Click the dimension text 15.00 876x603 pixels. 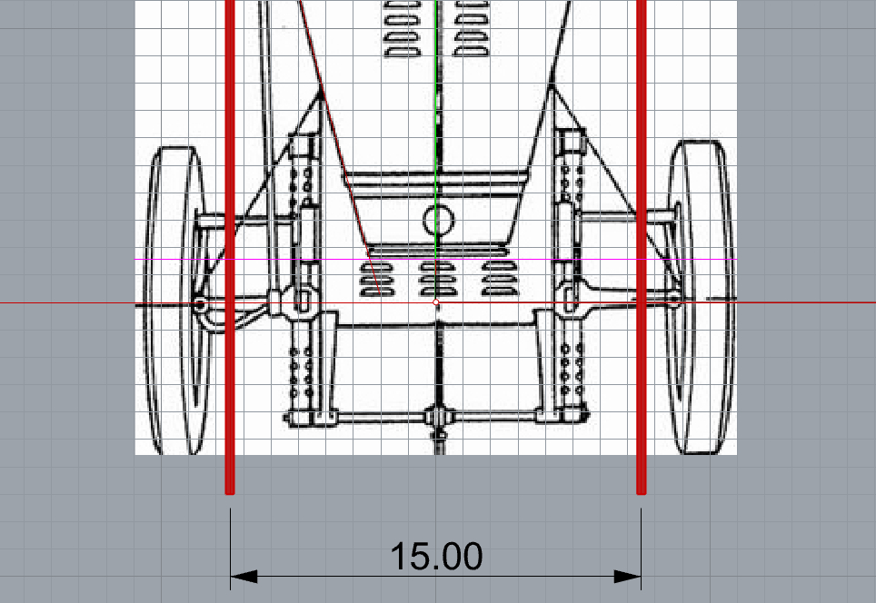pos(436,556)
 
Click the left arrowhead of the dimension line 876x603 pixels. pos(244,576)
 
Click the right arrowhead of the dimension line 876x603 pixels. pos(627,576)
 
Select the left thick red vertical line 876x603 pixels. pos(230,247)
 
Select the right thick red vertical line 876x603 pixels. pos(642,247)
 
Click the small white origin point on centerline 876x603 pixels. pos(436,302)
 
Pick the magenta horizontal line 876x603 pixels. pos(436,259)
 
